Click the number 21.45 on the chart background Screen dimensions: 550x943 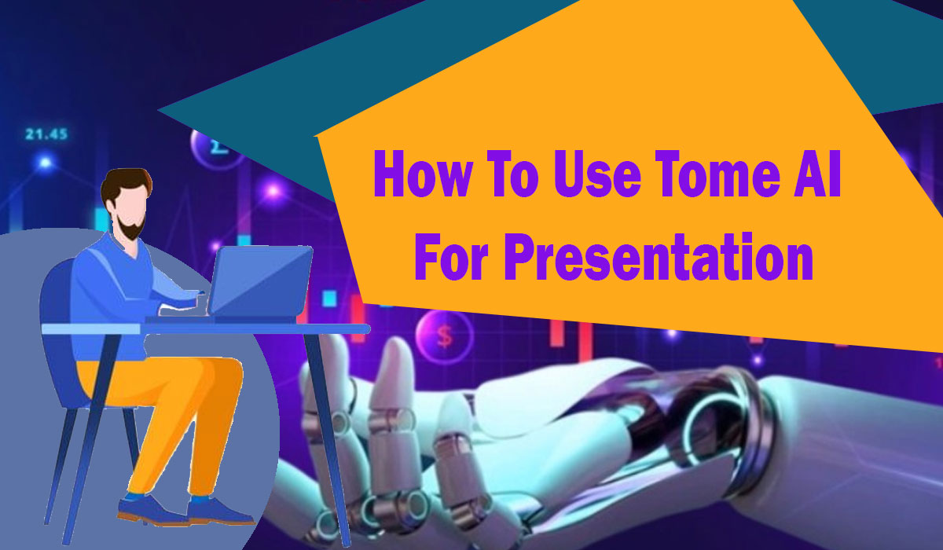(46, 134)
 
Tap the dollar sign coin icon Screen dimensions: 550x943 (444, 335)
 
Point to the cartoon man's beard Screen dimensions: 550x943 (134, 228)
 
